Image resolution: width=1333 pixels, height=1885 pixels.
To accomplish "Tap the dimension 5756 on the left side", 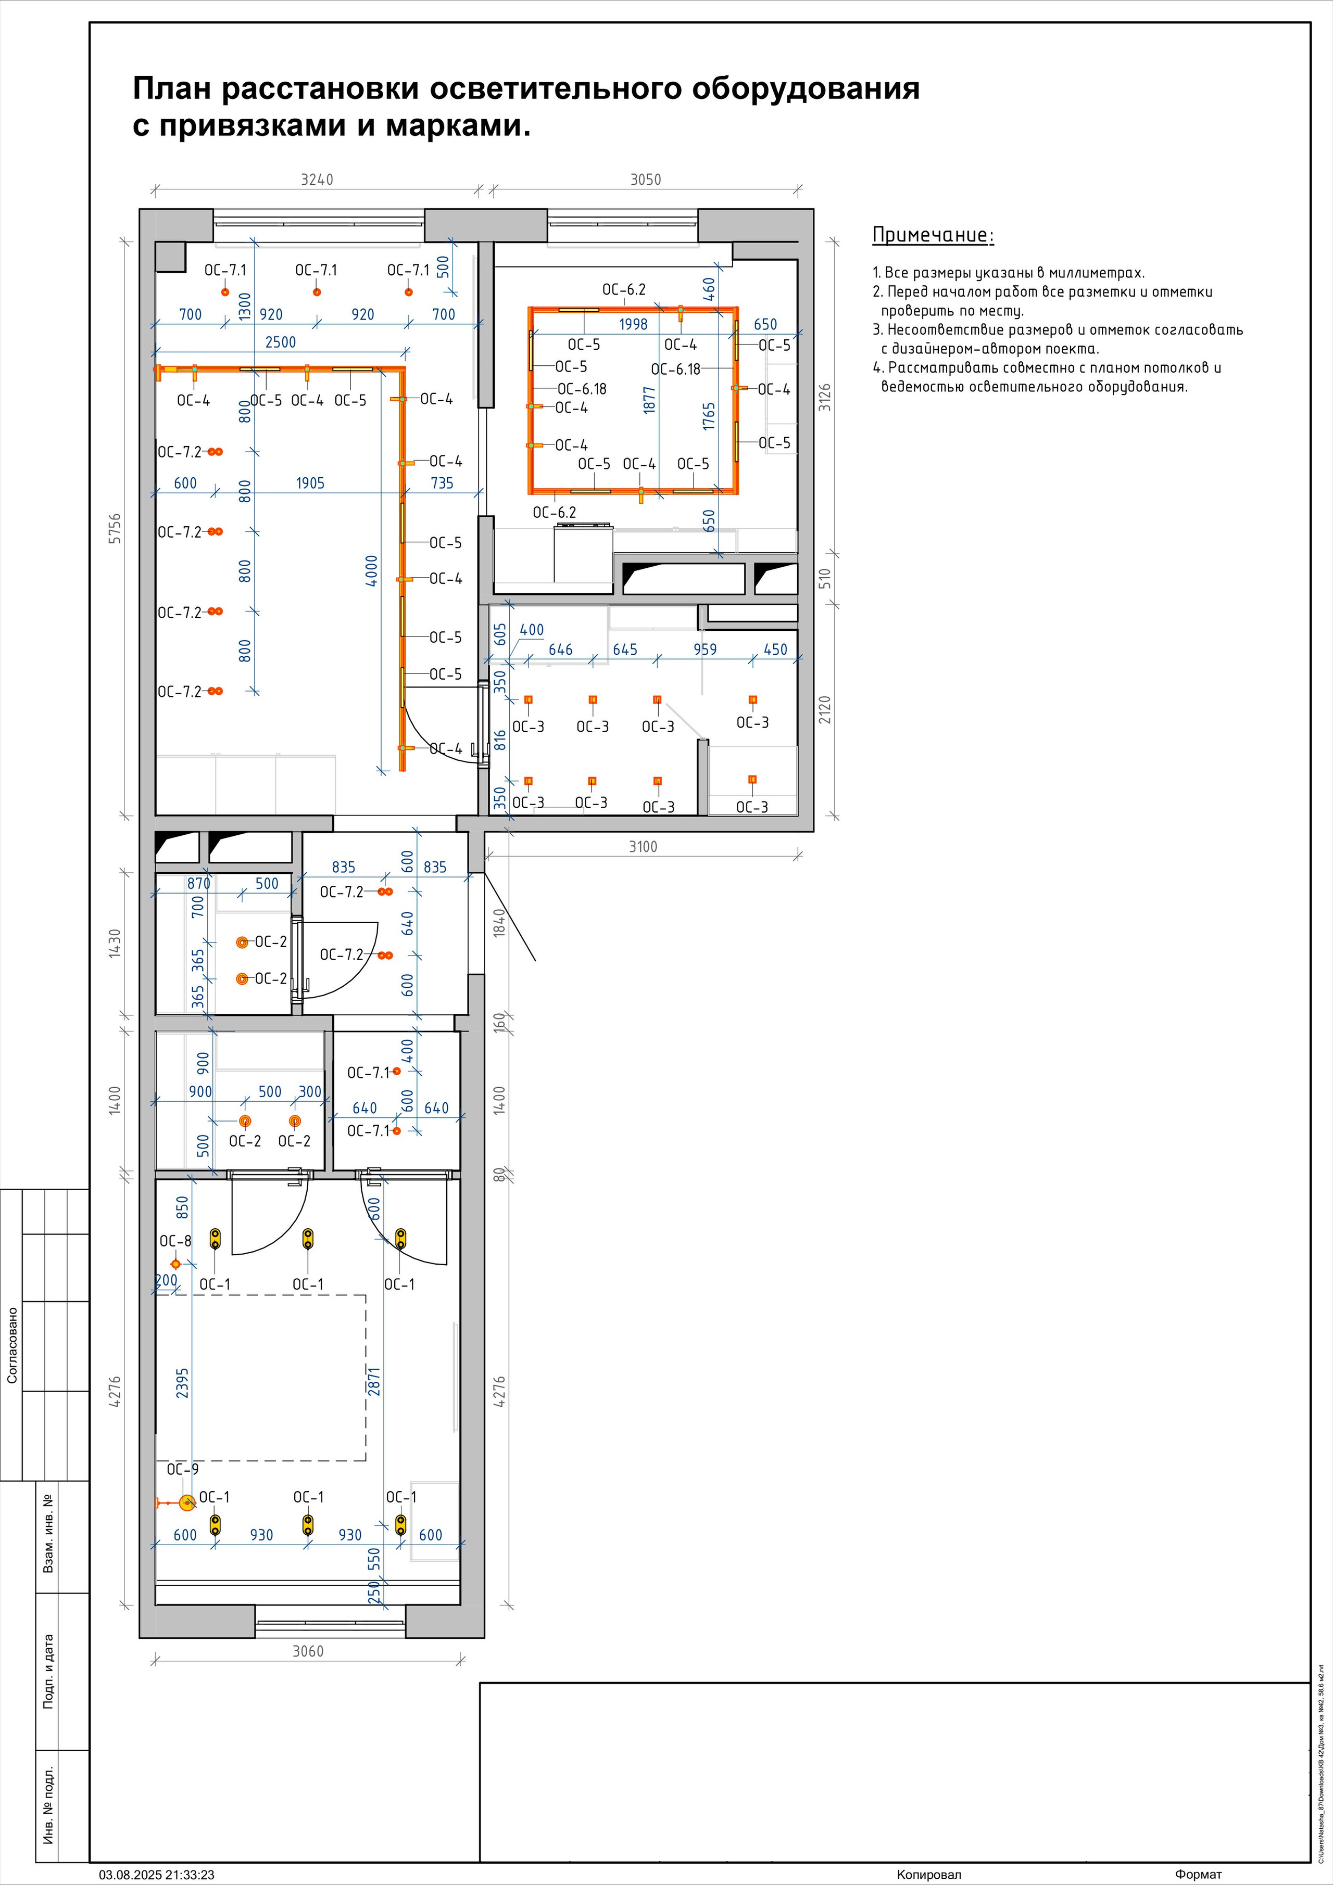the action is pyautogui.click(x=115, y=529).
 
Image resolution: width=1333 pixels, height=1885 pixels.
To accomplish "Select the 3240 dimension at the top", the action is pyautogui.click(x=317, y=179).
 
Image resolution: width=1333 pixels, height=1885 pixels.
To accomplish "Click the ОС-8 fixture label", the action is pyautogui.click(x=175, y=1241).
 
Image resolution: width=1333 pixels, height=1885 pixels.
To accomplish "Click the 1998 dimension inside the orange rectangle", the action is pyautogui.click(x=633, y=324).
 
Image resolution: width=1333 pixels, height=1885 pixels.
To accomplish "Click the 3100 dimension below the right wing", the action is pyautogui.click(x=643, y=846).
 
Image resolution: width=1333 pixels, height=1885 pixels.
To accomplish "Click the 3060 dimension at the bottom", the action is pyautogui.click(x=308, y=1651).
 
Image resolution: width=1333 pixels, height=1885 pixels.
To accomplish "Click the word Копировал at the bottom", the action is pyautogui.click(x=929, y=1874).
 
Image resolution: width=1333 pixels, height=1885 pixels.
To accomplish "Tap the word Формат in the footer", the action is pyautogui.click(x=1198, y=1874).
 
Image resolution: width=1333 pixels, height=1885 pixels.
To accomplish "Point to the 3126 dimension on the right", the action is pyautogui.click(x=825, y=398).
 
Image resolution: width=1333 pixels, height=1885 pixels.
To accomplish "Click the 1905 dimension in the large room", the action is pyautogui.click(x=310, y=483).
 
